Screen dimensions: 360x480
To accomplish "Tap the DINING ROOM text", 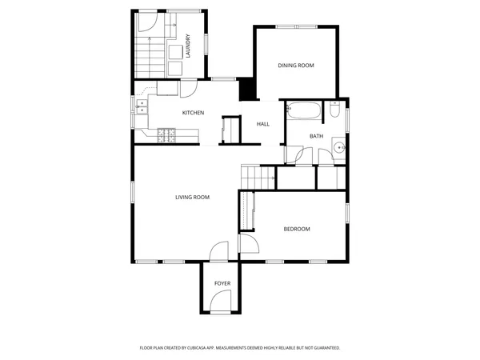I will [295, 66].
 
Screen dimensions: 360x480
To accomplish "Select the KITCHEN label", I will [193, 113].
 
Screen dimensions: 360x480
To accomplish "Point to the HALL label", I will [262, 125].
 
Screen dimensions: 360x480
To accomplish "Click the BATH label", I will [316, 136].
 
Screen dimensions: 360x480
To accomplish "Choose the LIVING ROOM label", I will [192, 197].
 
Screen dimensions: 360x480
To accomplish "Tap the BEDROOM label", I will [296, 230].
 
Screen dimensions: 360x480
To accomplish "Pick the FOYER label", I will [222, 284].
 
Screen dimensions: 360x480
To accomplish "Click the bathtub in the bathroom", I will [303, 111].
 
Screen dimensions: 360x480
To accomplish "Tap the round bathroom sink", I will [339, 147].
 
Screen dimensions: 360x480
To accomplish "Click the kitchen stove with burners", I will [167, 135].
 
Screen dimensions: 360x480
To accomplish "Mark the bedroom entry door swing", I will [247, 244].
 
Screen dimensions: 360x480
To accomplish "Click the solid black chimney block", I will [247, 88].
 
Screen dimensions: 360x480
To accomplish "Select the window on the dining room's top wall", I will [295, 28].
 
